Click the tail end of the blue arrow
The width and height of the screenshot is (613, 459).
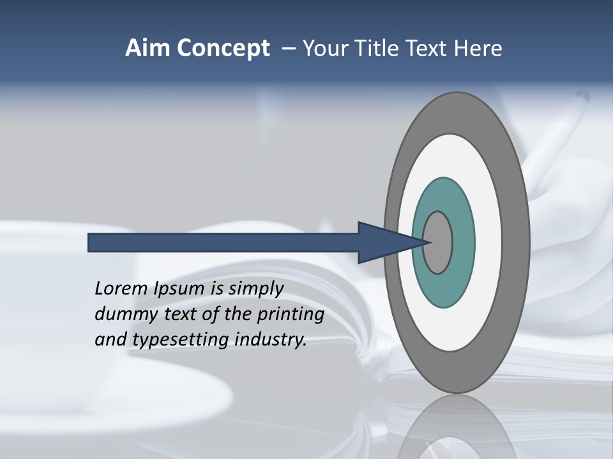91,243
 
